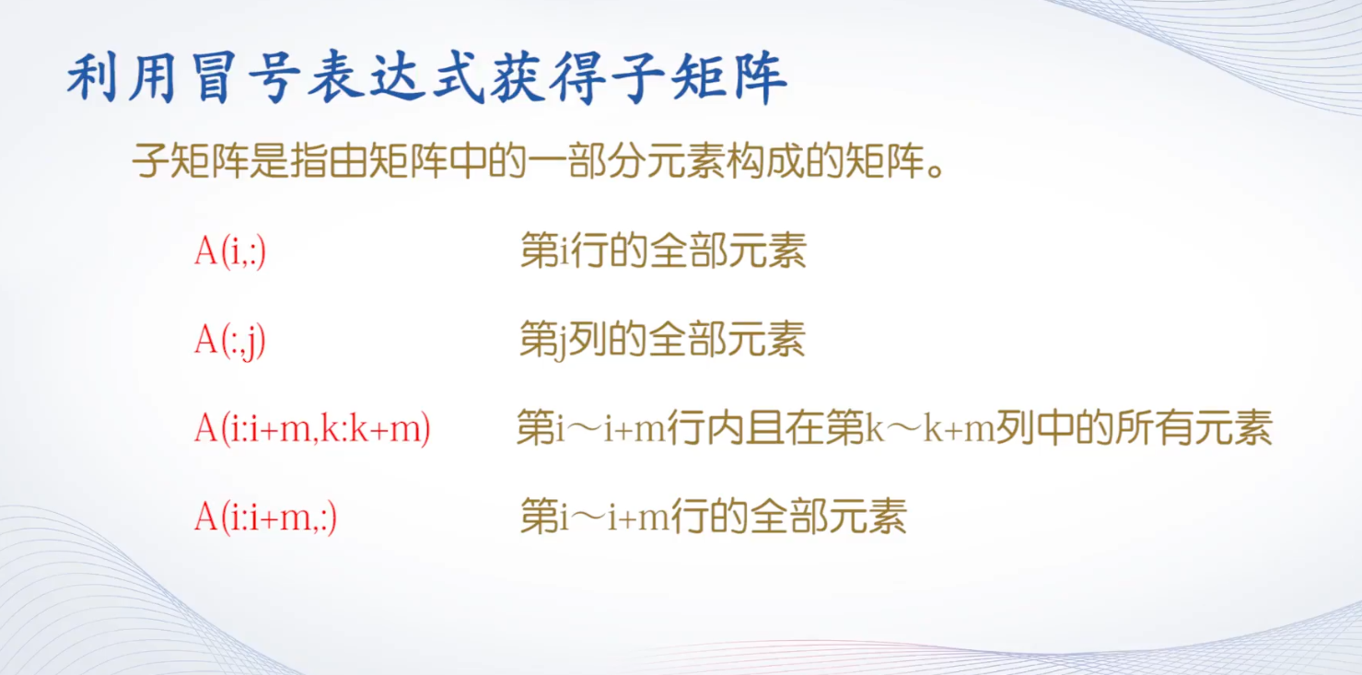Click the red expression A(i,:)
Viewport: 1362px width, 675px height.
[x=230, y=250]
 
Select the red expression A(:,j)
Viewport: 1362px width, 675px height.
[x=230, y=340]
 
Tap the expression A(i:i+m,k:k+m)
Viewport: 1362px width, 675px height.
[x=312, y=429]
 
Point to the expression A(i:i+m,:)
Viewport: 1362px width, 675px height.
[x=266, y=518]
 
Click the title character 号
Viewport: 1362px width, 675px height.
[x=274, y=78]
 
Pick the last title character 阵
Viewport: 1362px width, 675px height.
[x=760, y=78]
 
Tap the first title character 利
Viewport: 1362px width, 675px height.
[x=92, y=78]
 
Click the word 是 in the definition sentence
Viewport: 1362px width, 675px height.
[x=269, y=161]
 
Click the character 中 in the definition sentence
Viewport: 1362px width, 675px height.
[x=468, y=161]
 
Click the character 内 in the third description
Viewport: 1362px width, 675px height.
[x=726, y=428]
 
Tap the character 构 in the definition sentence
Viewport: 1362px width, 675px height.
[x=745, y=161]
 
